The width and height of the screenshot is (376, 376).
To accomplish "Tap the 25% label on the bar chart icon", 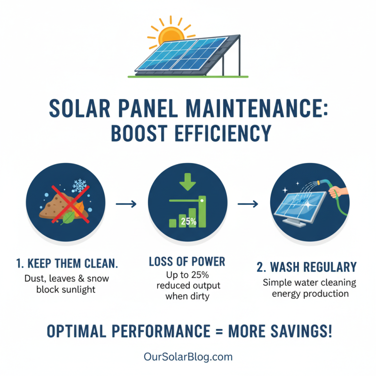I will pyautogui.click(x=188, y=221).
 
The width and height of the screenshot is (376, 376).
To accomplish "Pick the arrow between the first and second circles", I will pyautogui.click(x=125, y=204).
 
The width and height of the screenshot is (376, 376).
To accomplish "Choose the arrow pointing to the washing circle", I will pyautogui.click(x=248, y=204).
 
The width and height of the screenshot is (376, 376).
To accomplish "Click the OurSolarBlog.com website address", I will pyautogui.click(x=188, y=357).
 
